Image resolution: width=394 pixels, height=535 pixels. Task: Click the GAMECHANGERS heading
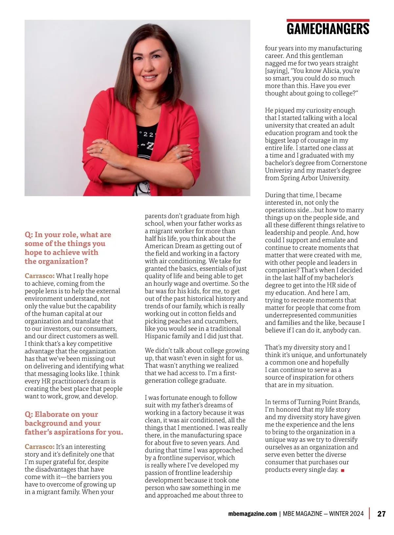328,29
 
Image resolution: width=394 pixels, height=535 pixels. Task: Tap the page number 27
381,514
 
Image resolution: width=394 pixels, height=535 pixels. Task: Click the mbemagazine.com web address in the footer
252,514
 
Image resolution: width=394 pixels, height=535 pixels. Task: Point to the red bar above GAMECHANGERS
328,20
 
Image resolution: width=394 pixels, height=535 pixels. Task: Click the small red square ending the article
343,470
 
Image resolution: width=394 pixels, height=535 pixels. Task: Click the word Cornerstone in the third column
349,163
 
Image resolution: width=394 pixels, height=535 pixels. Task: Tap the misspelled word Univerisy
278,171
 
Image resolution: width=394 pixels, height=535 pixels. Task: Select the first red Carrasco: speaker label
39,276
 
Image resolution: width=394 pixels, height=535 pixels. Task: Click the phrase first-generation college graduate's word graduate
213,381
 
